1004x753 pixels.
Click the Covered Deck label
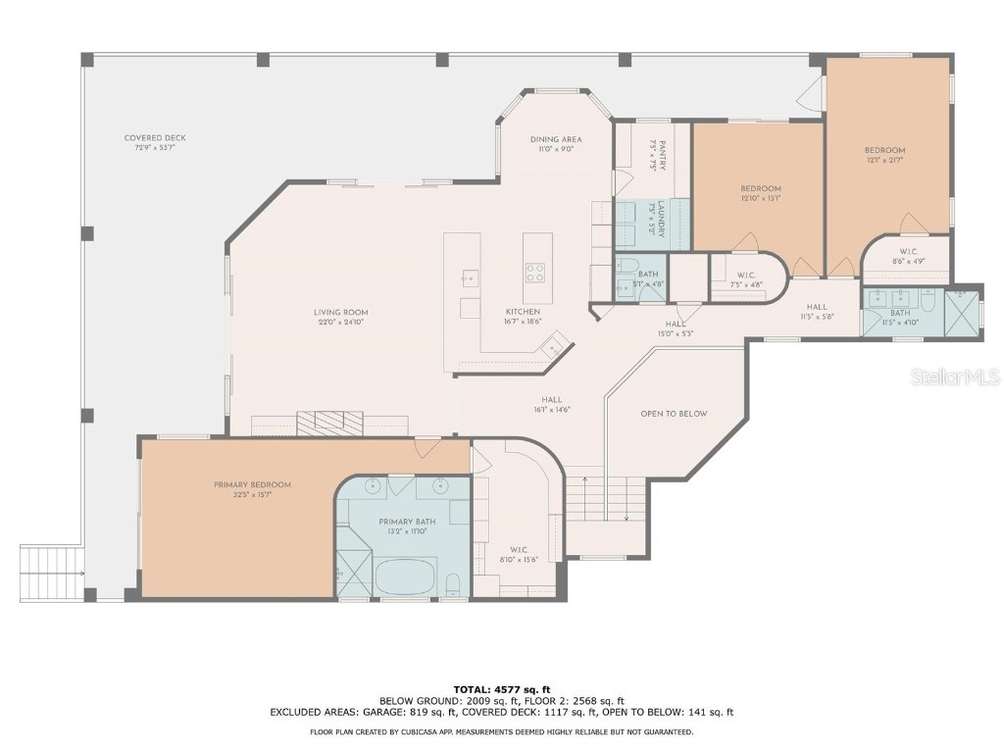[155, 138]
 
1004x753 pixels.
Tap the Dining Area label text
[556, 139]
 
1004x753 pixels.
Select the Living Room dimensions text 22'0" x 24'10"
[342, 323]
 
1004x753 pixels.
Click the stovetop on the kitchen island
[535, 272]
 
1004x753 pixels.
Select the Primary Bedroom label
[252, 484]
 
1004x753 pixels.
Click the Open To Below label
[674, 414]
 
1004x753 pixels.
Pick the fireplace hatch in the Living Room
[329, 424]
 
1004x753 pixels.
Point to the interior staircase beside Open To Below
[606, 499]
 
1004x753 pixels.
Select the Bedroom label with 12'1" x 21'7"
[884, 150]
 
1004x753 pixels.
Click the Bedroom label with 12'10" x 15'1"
[760, 188]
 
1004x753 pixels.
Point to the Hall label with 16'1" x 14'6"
[552, 400]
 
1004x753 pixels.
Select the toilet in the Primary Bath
[453, 586]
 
